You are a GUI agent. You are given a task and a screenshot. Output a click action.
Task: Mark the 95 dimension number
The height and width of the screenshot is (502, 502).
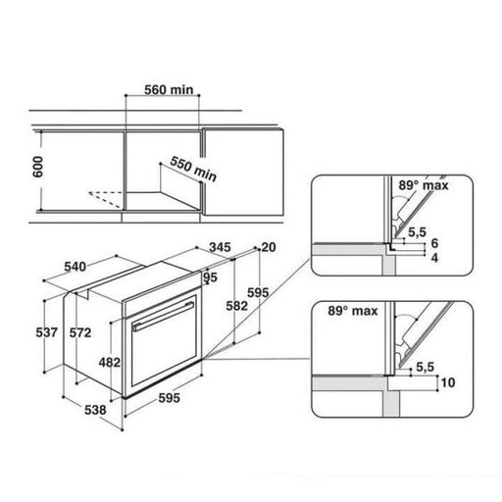209,277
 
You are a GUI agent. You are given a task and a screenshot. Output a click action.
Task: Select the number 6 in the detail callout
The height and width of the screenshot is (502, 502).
434,242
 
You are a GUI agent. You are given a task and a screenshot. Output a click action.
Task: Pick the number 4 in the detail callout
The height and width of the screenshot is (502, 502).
434,258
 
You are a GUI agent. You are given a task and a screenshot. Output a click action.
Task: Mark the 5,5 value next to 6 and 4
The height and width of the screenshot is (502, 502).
417,231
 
